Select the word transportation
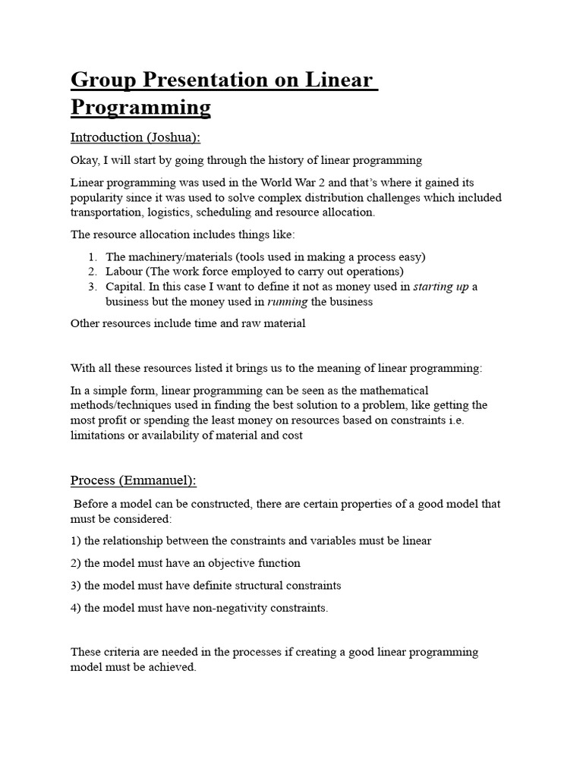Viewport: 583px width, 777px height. [107, 212]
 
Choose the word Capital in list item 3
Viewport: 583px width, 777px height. [125, 286]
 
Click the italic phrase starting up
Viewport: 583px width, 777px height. [440, 286]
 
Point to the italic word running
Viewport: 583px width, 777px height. [288, 301]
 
